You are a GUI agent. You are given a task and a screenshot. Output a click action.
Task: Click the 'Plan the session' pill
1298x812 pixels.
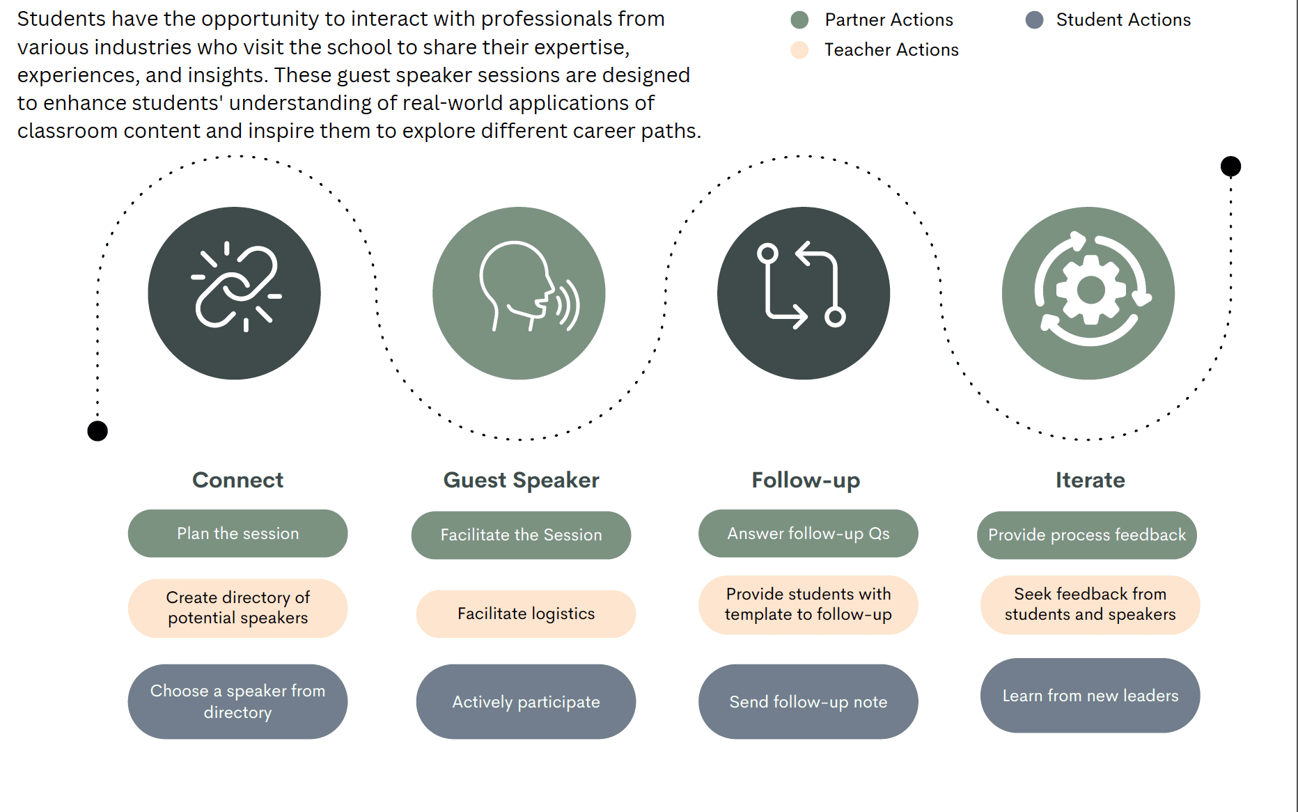pos(237,533)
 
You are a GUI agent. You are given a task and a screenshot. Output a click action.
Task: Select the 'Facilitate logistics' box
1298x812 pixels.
pos(526,614)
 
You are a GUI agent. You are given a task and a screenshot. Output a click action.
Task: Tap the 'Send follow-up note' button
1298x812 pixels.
pos(808,701)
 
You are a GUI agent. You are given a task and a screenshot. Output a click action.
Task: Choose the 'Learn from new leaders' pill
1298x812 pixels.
pos(1090,695)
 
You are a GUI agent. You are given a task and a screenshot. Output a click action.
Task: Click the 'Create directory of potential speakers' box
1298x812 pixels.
pos(237,608)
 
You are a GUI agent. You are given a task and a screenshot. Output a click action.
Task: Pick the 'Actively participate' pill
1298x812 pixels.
pos(526,701)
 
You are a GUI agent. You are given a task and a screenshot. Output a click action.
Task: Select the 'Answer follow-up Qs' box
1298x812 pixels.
pos(808,533)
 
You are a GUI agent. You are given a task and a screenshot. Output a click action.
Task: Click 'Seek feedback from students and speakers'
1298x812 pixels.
pos(1090,604)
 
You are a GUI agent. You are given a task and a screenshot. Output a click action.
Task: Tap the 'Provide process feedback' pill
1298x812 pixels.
pos(1086,535)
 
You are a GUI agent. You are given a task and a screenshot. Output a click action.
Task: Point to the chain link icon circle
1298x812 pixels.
pos(235,293)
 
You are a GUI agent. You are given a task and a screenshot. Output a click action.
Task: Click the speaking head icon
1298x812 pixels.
pos(519,293)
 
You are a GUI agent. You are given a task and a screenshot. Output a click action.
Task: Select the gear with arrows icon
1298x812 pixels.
pos(1088,293)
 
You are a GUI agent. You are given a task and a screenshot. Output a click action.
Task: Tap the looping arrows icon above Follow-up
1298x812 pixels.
pos(804,293)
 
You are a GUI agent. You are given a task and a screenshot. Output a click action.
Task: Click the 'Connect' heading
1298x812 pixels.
pos(237,480)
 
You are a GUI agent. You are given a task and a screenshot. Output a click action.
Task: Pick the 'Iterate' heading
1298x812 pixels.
pos(1090,480)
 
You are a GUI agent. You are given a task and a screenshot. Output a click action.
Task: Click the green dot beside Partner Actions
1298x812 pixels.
pos(799,20)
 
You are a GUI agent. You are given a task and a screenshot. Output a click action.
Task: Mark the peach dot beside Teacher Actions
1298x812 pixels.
pos(799,50)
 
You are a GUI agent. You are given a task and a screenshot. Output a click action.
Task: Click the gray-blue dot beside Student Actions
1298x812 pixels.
pos(1034,20)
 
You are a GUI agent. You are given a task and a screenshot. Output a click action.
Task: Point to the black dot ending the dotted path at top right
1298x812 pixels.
pos(1230,166)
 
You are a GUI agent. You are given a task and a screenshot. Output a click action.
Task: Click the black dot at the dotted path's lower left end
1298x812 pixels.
pos(97,431)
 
